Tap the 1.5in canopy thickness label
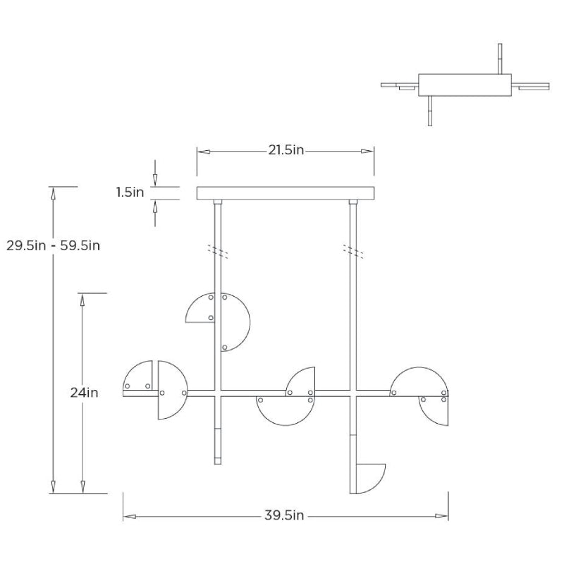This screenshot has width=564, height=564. (x=130, y=192)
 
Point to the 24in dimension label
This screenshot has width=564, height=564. (x=84, y=393)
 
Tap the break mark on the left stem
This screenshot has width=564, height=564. (x=217, y=250)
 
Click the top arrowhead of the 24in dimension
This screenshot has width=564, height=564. (x=83, y=300)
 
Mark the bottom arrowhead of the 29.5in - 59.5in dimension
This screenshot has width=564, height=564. (x=52, y=487)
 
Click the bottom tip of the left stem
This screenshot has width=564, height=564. (x=217, y=463)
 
